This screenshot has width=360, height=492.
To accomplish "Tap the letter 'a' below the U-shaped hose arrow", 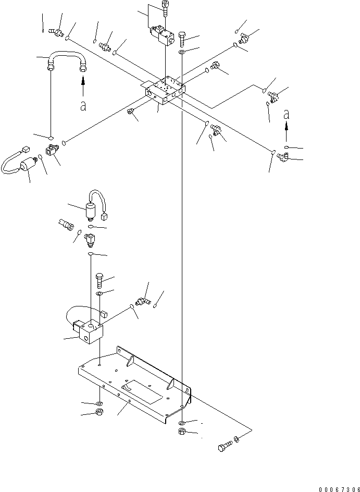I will pyautogui.click(x=82, y=106).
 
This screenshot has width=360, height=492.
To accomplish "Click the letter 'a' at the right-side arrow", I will pyautogui.click(x=286, y=115).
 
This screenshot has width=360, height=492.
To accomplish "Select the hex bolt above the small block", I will pyautogui.click(x=100, y=281).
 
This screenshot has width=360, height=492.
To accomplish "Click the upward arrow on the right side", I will pyautogui.click(x=286, y=133).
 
